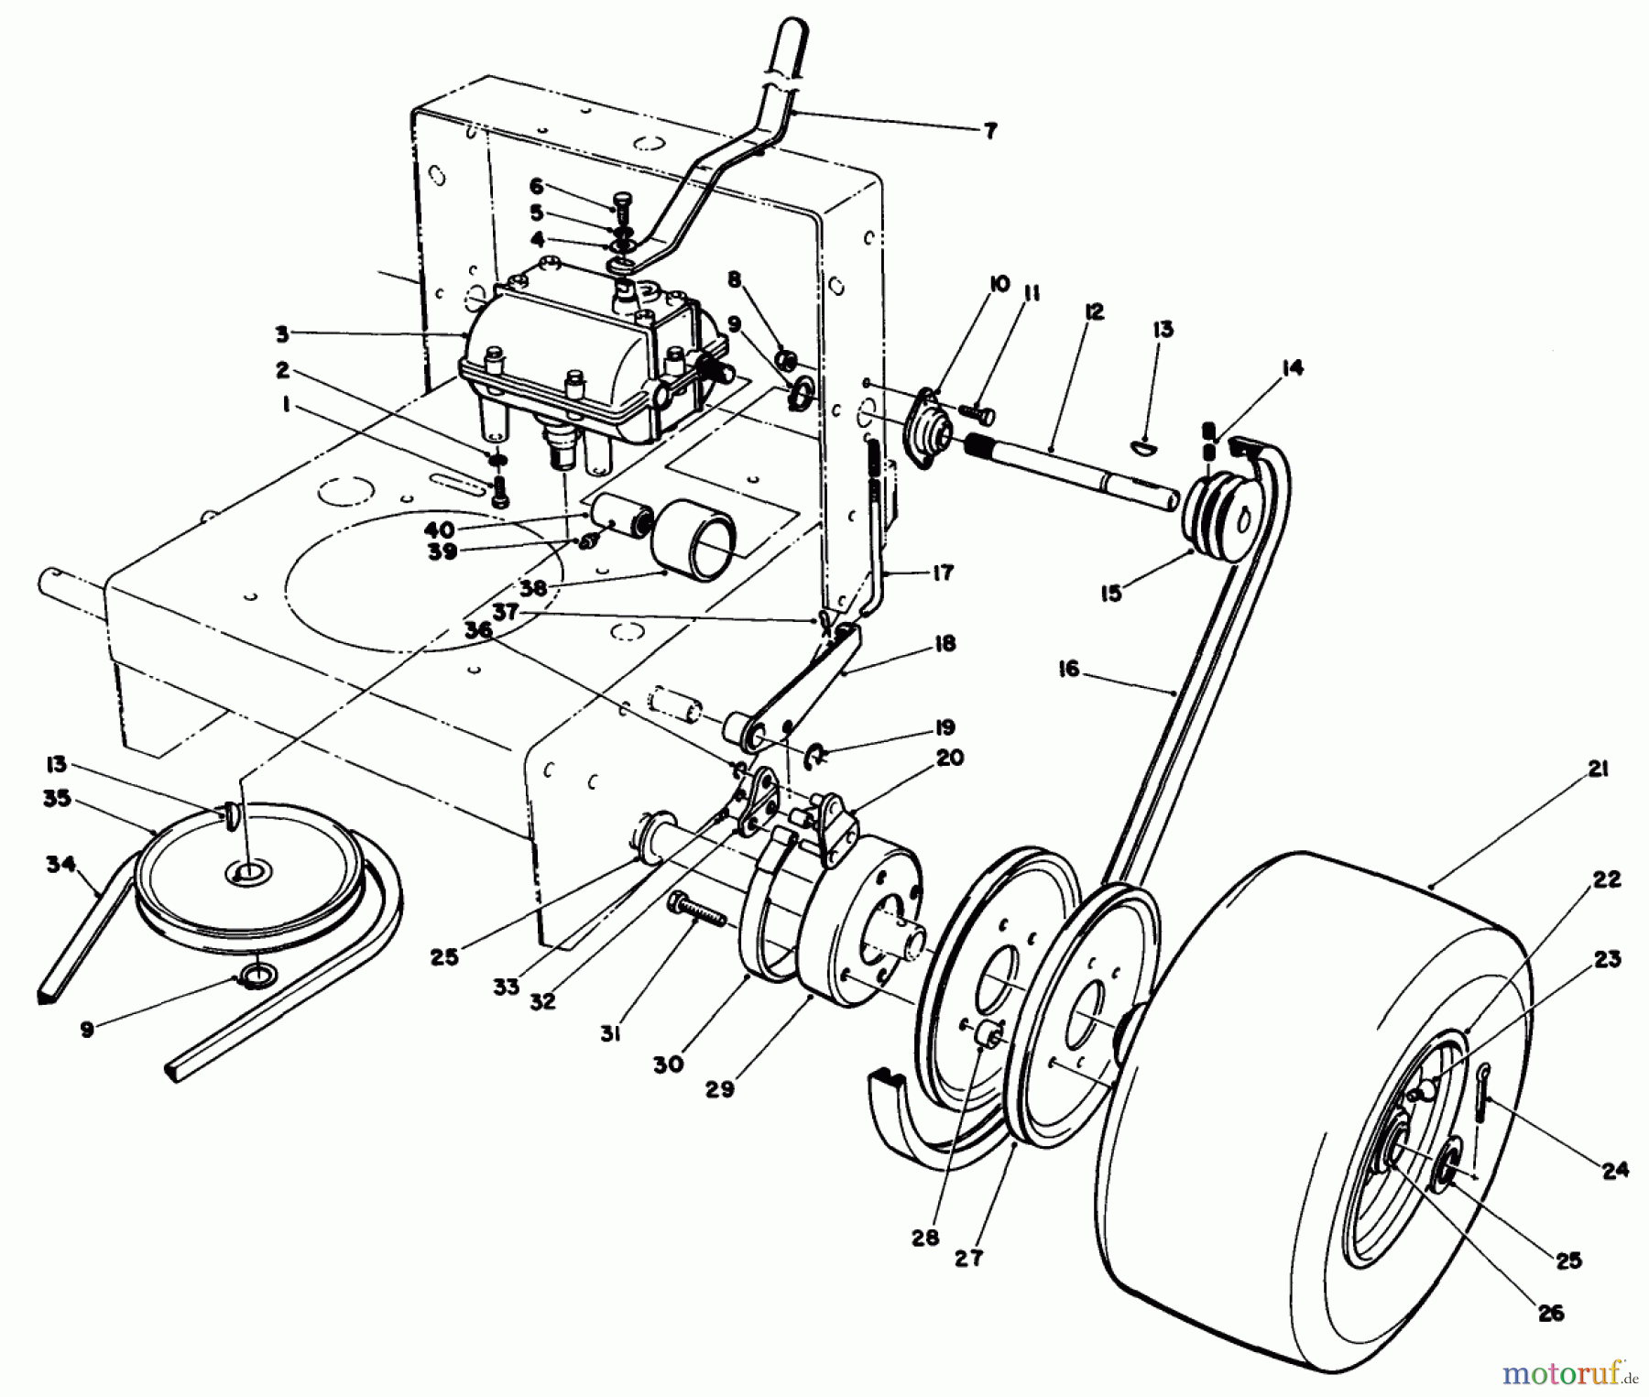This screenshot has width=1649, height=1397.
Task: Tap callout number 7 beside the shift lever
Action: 989,130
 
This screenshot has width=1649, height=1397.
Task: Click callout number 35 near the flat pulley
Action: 57,798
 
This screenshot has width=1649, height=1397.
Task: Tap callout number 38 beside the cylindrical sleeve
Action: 532,587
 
